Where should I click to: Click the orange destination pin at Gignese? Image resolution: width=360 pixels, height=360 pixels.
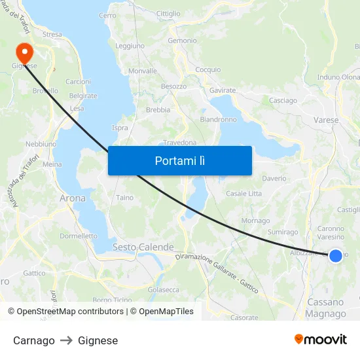click(x=25, y=51)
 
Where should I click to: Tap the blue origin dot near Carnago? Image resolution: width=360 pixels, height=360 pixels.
click(x=335, y=255)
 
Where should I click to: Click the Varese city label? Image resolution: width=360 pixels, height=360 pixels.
click(x=326, y=120)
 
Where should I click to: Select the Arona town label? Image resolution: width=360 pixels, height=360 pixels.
click(x=72, y=198)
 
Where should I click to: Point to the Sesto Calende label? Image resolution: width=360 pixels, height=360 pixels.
click(x=143, y=247)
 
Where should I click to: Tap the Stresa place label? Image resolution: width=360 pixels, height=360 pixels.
click(x=52, y=35)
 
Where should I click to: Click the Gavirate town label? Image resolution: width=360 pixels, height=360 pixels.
click(x=223, y=90)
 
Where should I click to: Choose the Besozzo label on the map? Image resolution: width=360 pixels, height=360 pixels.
click(x=173, y=86)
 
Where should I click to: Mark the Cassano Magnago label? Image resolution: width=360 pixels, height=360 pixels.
click(x=325, y=308)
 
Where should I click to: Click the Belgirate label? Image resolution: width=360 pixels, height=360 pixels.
click(x=83, y=96)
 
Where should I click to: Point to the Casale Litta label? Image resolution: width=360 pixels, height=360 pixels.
click(x=243, y=194)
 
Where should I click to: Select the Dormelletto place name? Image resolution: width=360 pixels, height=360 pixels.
click(x=79, y=236)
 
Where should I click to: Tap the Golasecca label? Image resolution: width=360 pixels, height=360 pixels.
click(x=164, y=289)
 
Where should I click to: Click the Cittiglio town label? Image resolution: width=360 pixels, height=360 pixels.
click(x=168, y=14)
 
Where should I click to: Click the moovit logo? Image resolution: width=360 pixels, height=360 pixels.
click(x=321, y=340)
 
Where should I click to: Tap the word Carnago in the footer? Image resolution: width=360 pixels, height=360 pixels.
click(x=34, y=340)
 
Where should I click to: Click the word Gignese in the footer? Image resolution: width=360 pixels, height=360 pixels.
click(x=98, y=340)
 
